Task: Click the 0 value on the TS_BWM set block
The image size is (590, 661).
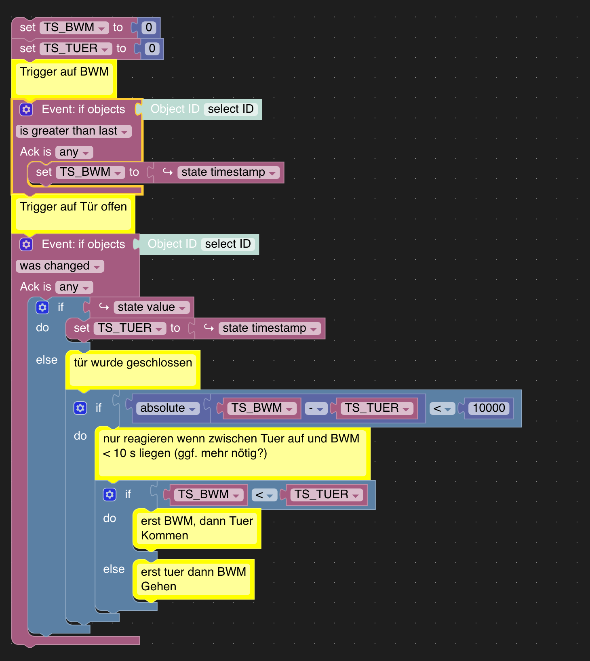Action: [149, 27]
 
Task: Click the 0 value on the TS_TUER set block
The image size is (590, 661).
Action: [152, 48]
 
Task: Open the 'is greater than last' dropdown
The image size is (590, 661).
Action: [74, 131]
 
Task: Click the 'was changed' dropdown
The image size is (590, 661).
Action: [60, 266]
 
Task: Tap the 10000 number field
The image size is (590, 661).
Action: [489, 408]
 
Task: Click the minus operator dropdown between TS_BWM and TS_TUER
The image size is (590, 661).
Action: [316, 408]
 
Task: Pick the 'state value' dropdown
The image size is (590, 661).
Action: [152, 307]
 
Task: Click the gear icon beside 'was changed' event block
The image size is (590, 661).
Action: [26, 244]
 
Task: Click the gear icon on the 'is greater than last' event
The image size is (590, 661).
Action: [26, 109]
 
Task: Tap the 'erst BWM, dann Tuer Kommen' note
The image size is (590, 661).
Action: [197, 528]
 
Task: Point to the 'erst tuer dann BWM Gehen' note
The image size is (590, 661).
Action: [194, 579]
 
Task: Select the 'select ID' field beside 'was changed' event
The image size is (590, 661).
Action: [228, 244]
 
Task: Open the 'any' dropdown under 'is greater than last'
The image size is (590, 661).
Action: [74, 152]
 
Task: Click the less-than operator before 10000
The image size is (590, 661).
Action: [442, 408]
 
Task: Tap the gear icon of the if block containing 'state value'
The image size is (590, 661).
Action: [42, 307]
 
